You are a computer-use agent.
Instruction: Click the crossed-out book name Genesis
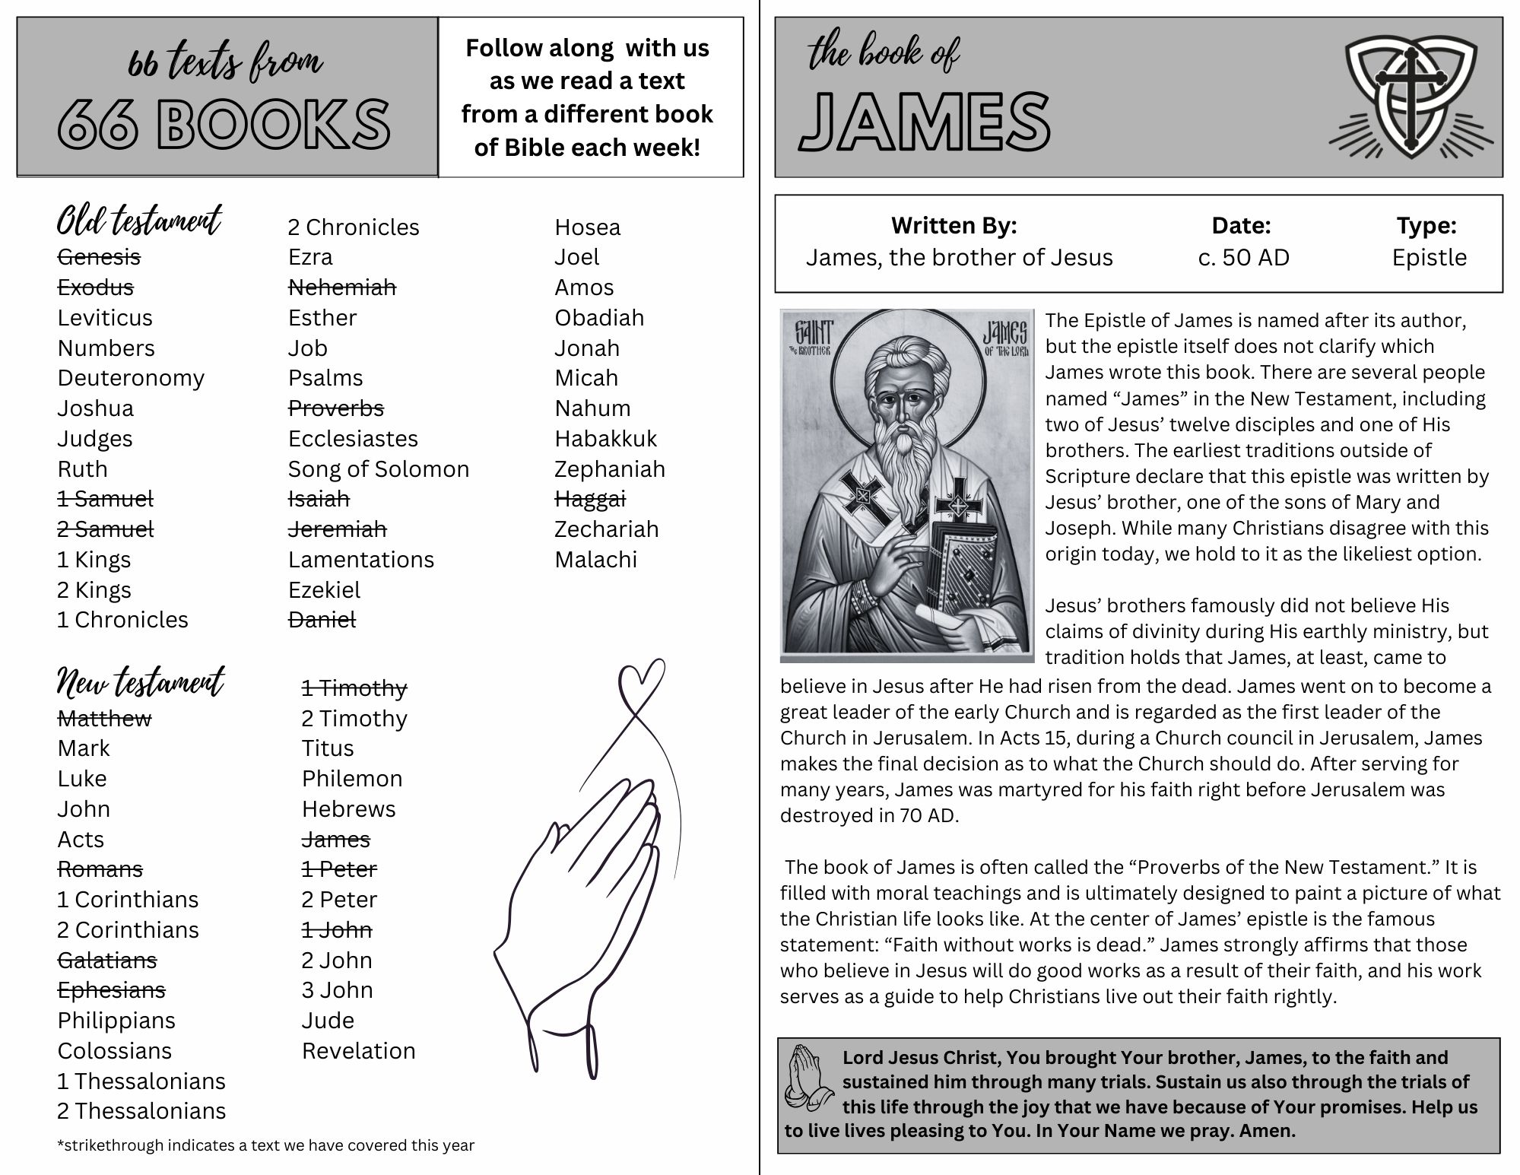(99, 257)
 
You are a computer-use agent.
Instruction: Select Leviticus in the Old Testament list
(105, 318)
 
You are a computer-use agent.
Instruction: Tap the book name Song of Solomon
(378, 469)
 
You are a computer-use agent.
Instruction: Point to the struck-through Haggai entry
(589, 499)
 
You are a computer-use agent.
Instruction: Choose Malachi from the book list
(595, 560)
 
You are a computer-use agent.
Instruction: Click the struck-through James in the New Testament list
(335, 840)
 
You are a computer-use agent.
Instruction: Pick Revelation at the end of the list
(358, 1051)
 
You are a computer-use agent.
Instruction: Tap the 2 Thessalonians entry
(141, 1111)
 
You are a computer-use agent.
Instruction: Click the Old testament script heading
(139, 221)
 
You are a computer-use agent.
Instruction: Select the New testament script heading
(141, 682)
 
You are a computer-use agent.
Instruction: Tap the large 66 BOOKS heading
(224, 123)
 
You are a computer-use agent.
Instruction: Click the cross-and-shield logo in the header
(1411, 97)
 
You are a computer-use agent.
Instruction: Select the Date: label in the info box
(1241, 226)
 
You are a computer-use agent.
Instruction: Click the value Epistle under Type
(1429, 258)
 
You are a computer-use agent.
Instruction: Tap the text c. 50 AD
(1243, 258)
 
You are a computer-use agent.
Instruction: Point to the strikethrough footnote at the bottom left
(265, 1145)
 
